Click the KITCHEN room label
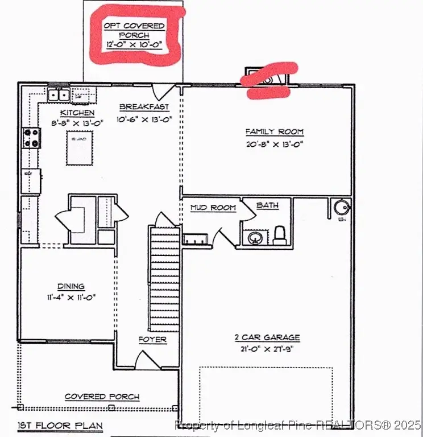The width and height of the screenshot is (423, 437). (x=77, y=113)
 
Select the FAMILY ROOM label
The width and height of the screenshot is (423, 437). (x=275, y=132)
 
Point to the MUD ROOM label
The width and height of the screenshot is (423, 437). (x=213, y=208)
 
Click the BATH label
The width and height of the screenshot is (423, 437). (x=267, y=205)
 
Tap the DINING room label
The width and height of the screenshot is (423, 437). (x=71, y=286)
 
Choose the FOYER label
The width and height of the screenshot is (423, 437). (x=153, y=340)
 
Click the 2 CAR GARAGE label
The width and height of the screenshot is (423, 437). (x=267, y=337)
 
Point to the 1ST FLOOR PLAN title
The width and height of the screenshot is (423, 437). (x=60, y=426)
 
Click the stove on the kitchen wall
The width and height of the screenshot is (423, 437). (x=31, y=138)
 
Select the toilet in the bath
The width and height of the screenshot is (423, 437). (x=280, y=234)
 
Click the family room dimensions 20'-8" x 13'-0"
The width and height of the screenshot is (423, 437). (x=275, y=144)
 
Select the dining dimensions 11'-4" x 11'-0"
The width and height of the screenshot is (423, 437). (x=71, y=297)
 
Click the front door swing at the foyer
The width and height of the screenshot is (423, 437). (x=144, y=360)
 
